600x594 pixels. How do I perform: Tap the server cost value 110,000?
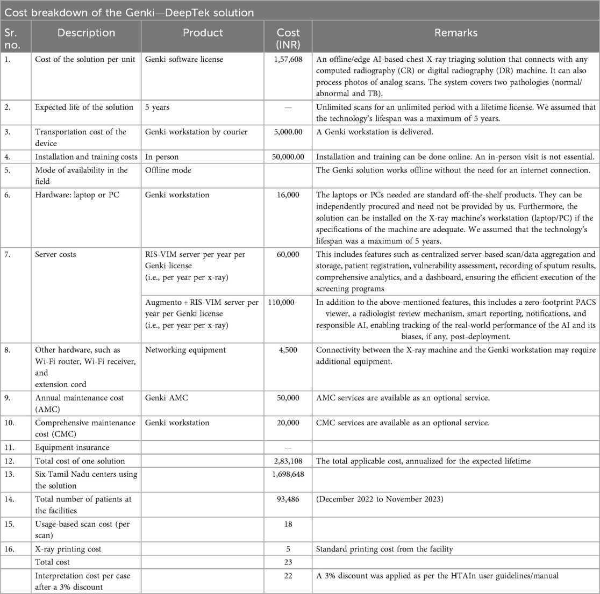click(280, 302)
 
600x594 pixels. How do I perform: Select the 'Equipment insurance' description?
click(72, 447)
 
